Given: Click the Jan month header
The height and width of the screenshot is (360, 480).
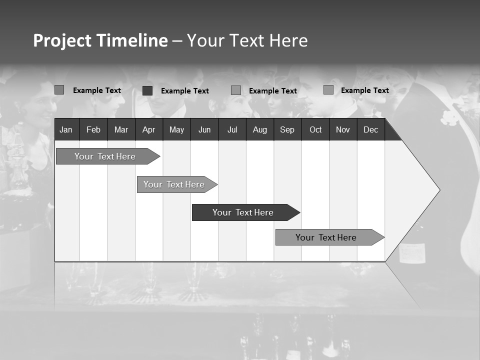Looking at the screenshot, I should click(x=66, y=129).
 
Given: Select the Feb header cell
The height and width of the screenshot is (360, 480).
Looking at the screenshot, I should click(x=93, y=129).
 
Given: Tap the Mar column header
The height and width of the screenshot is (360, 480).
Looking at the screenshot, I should click(x=121, y=129).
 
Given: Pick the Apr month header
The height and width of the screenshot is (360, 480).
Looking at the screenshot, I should click(x=148, y=129).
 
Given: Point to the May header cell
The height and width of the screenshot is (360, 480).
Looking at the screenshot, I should click(x=176, y=129).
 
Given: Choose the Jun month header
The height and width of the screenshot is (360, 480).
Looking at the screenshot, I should click(x=204, y=129).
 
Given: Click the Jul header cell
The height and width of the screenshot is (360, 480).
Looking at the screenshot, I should click(x=232, y=129).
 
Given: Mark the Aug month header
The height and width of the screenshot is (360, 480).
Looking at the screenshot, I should click(x=260, y=129).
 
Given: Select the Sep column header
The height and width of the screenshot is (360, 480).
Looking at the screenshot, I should click(x=287, y=129).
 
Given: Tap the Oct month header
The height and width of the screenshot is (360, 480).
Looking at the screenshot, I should click(x=315, y=129).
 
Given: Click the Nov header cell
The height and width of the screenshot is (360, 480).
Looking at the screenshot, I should click(x=343, y=129).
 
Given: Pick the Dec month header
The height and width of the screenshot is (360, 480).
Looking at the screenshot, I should click(x=371, y=129).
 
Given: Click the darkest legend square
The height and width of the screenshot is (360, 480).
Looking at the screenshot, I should click(x=147, y=90).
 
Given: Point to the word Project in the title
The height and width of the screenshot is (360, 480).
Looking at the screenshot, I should click(x=62, y=40).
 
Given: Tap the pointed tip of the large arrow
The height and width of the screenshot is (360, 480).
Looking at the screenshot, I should click(x=439, y=190).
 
